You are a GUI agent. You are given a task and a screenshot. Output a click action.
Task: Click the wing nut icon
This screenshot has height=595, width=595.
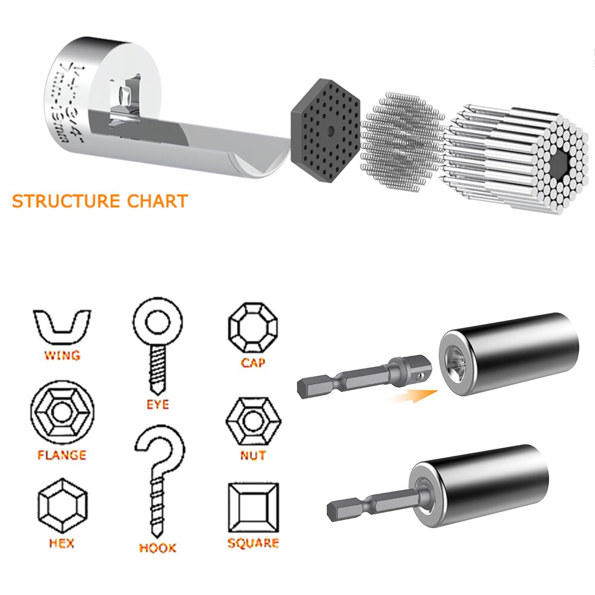pos(62,326)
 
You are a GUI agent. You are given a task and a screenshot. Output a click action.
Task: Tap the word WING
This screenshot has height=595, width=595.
pos(62,356)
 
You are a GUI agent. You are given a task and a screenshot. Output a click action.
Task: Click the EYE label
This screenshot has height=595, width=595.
pos(158,405)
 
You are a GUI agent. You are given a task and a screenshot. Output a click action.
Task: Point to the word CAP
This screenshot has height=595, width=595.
pos(253,362)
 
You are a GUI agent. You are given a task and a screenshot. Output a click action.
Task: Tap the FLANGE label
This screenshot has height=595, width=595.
pos(62,456)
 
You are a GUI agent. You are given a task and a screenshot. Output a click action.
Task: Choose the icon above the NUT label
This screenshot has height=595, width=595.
pos(253,421)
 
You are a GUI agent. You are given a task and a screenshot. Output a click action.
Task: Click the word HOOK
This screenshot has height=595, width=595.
pos(158,547)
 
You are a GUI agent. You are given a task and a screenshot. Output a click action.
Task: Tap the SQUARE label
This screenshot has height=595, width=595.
pos(253,543)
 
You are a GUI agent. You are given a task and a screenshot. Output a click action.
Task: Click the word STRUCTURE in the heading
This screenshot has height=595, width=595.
pos(64,201)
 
